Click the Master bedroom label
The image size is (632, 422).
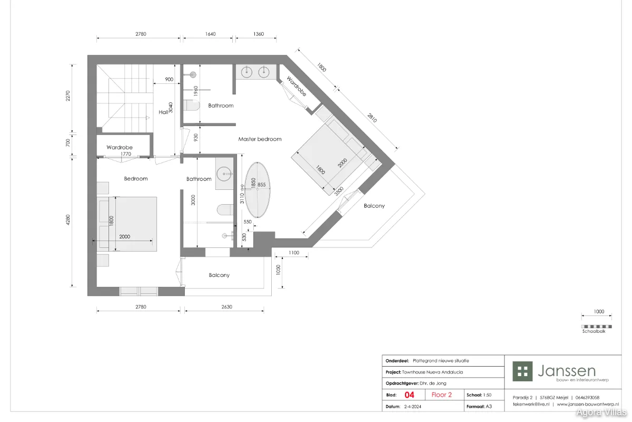tap(260, 139)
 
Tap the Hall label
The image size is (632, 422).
tap(163, 112)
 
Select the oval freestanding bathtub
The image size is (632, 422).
tap(257, 190)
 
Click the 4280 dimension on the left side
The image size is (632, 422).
tap(68, 220)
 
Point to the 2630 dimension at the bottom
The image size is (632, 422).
tap(226, 306)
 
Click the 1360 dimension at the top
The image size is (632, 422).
tap(259, 34)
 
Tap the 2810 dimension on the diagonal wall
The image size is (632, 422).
tap(372, 118)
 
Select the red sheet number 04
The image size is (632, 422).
tap(409, 395)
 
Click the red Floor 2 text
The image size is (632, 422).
tap(441, 395)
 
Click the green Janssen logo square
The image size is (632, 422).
tap(522, 371)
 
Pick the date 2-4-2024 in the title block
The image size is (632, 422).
tap(412, 407)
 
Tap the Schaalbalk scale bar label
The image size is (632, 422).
tap(594, 331)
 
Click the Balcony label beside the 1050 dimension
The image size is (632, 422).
tap(219, 275)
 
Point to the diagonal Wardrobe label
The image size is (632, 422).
tap(296, 86)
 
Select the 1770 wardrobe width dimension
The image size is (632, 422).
tap(126, 154)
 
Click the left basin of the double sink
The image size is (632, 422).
tap(246, 72)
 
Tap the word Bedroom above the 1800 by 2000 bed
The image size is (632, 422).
tap(136, 179)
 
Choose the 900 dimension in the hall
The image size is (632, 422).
tap(169, 80)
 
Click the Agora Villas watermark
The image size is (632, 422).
tap(601, 413)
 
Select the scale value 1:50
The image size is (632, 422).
tap(487, 395)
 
